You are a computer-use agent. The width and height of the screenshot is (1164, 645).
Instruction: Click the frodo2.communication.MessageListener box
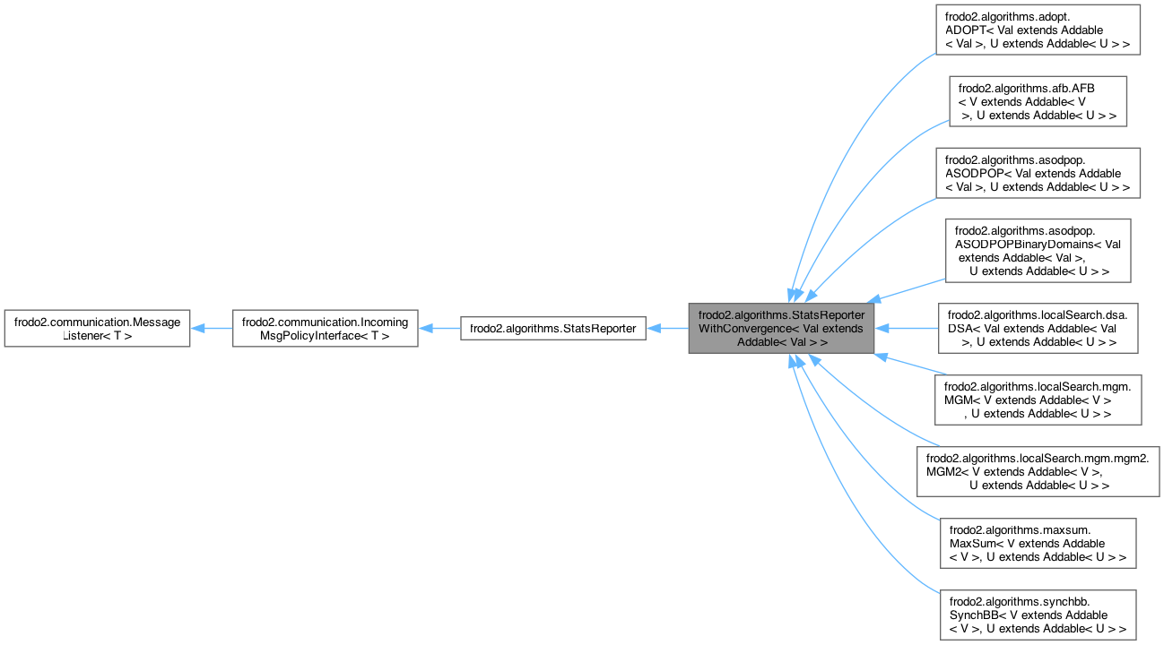[x=97, y=329]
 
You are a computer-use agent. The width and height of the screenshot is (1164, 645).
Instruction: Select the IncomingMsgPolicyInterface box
[x=325, y=329]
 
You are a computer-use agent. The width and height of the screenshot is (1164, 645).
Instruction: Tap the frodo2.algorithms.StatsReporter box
[x=552, y=329]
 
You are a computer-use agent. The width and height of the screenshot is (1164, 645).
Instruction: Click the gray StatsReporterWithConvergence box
[x=781, y=329]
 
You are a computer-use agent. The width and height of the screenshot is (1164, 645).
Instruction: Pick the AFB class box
[x=1038, y=101]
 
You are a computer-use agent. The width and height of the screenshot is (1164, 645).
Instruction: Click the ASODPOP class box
[x=1038, y=173]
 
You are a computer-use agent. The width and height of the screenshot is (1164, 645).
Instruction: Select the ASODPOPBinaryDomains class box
[x=1038, y=251]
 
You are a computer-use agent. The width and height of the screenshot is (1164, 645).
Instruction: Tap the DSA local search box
[x=1038, y=329]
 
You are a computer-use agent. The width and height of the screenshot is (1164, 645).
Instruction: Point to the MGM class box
[x=1038, y=400]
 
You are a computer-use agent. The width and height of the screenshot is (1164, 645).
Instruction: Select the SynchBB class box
[x=1038, y=615]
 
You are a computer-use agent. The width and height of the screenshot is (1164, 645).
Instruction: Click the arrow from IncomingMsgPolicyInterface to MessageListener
[x=212, y=329]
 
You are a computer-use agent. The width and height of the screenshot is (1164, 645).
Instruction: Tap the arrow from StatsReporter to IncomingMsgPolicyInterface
[x=439, y=329]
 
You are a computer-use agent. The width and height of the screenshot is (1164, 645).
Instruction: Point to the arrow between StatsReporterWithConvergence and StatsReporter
[x=667, y=329]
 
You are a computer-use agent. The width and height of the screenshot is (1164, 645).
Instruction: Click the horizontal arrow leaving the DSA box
[x=906, y=329]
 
